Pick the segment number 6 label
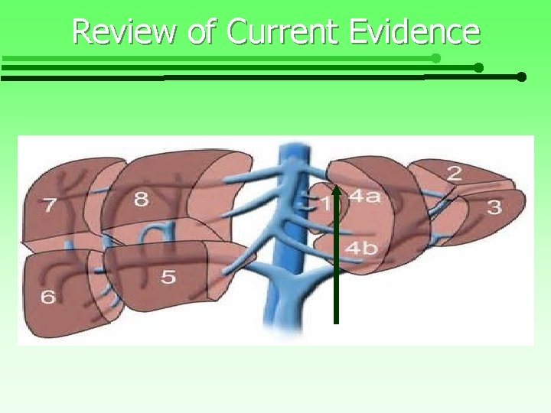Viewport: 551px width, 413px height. [x=47, y=295]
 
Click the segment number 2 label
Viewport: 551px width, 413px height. [x=454, y=174]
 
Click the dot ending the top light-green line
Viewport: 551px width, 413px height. [x=435, y=58]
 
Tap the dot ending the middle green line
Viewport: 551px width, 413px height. [x=478, y=68]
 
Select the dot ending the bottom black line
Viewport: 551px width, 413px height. [x=521, y=77]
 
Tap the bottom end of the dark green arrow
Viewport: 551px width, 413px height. [x=336, y=321]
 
